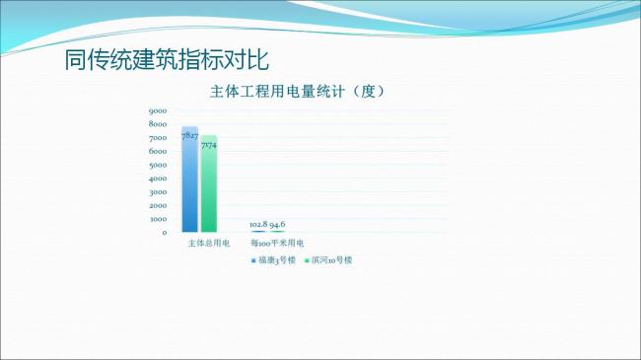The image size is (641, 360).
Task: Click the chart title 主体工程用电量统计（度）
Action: pyautogui.click(x=296, y=92)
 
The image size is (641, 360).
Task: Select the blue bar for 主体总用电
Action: pyautogui.click(x=189, y=187)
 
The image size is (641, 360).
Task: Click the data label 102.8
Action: pyautogui.click(x=258, y=224)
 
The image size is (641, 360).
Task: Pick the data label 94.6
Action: pyautogui.click(x=278, y=224)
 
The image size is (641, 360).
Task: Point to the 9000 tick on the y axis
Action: pyautogui.click(x=158, y=110)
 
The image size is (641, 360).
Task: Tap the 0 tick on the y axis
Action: pyautogui.click(x=164, y=233)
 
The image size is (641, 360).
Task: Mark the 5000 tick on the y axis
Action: pyautogui.click(x=158, y=165)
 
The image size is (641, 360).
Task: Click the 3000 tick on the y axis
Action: pyautogui.click(x=158, y=192)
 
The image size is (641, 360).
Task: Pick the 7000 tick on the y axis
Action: pyautogui.click(x=158, y=138)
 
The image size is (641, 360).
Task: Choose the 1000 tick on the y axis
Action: pyautogui.click(x=158, y=219)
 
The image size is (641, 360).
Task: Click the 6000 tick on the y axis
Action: pyautogui.click(x=158, y=151)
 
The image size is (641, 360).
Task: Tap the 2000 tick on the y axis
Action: pyautogui.click(x=158, y=205)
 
